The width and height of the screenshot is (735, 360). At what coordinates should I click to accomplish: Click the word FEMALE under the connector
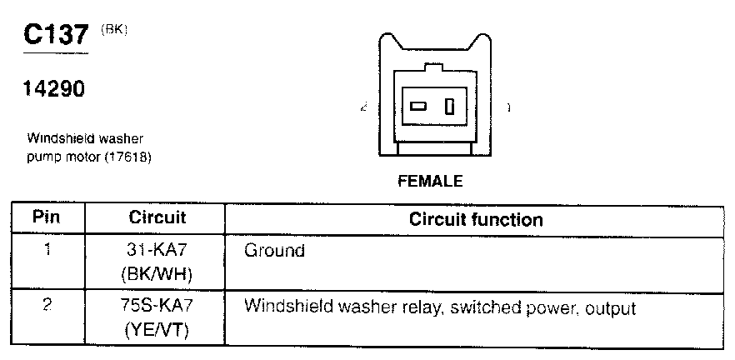430,181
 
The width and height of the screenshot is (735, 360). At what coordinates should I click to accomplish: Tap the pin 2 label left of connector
364,108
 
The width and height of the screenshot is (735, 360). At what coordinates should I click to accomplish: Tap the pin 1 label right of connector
508,108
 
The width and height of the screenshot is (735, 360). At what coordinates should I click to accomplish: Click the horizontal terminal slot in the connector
418,107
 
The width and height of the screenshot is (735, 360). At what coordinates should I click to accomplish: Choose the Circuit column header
157,218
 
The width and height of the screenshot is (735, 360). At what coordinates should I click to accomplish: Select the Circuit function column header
476,220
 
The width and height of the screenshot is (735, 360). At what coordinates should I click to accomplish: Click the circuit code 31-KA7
157,250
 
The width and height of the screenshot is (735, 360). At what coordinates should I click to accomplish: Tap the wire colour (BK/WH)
157,272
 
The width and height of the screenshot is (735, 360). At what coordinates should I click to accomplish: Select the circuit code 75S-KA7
157,307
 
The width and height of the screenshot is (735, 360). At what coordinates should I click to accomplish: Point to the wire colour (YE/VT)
157,330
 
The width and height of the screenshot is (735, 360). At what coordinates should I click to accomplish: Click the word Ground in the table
274,250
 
